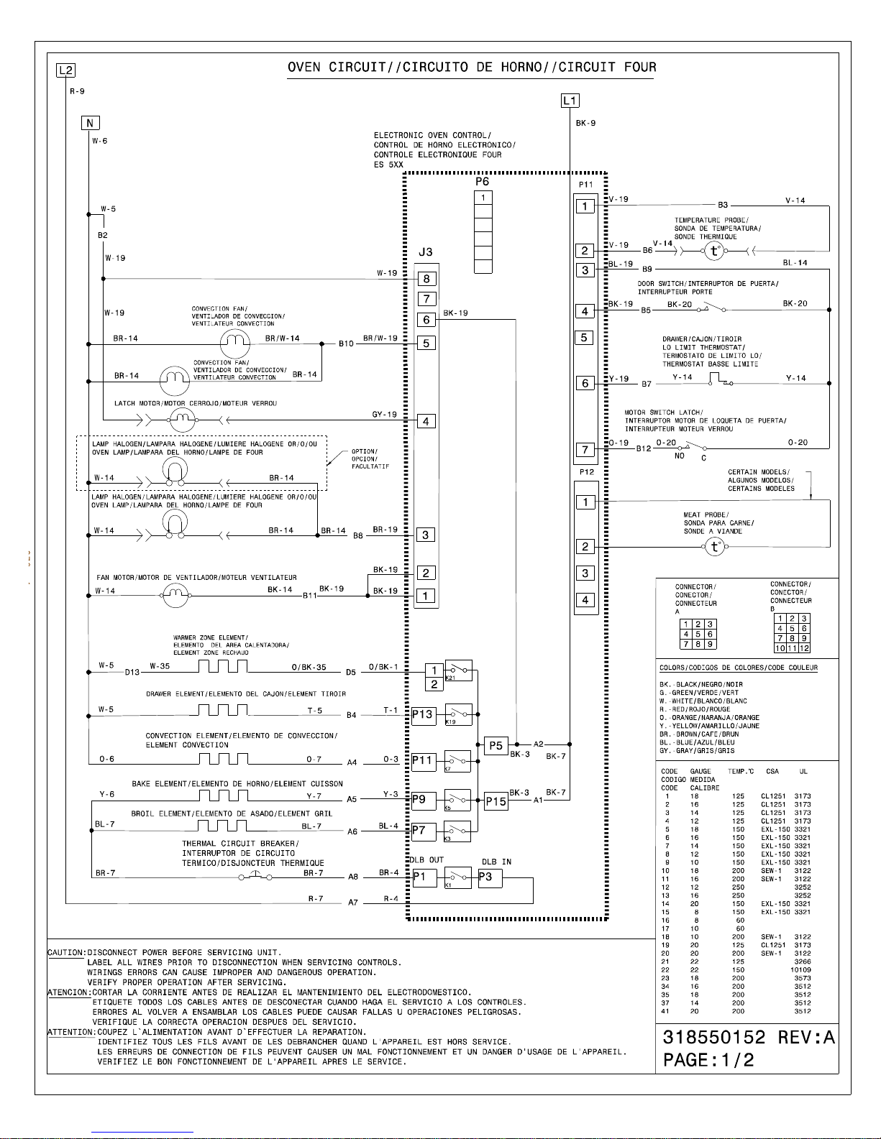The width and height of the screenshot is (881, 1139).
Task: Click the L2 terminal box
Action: (66, 70)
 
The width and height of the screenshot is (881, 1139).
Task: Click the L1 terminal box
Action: (570, 101)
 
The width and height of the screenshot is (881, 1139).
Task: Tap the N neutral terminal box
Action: (90, 123)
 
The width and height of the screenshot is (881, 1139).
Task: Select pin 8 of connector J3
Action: (426, 279)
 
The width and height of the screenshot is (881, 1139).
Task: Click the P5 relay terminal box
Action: (496, 746)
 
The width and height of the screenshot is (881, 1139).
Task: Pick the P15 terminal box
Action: (496, 801)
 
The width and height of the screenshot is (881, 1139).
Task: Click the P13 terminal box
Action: (423, 715)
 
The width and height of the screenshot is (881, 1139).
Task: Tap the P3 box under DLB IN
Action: (490, 877)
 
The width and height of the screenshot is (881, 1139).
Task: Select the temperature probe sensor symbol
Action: (714, 251)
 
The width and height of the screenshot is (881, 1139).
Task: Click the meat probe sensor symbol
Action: (714, 547)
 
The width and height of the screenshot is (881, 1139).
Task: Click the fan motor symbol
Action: (175, 594)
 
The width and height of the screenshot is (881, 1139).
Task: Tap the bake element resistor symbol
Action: (223, 796)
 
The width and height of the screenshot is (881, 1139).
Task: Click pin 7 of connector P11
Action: (585, 450)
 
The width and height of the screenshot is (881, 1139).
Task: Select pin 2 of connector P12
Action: (585, 547)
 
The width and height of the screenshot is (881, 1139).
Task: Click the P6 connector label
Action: (482, 182)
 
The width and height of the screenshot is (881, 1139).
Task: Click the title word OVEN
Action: (305, 68)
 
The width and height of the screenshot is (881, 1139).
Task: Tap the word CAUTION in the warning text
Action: (65, 953)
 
